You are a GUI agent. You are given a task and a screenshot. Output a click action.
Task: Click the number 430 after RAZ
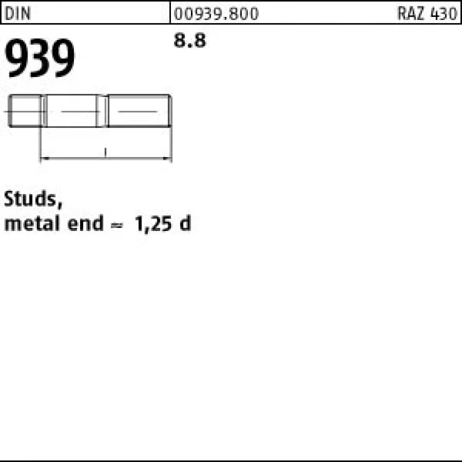point(443,13)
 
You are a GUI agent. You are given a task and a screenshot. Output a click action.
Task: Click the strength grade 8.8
point(189,42)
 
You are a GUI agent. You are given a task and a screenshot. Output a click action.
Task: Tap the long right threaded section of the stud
point(138,112)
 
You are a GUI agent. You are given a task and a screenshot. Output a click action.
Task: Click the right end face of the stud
point(170,112)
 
